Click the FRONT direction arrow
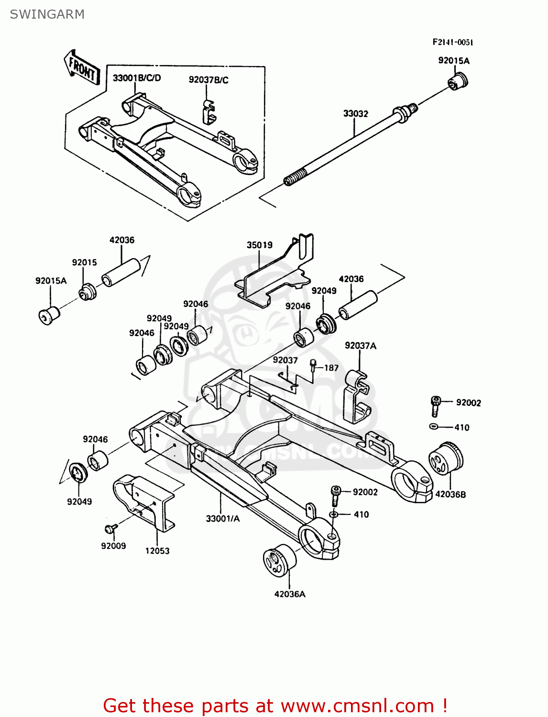82,68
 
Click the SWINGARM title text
47,14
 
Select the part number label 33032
355,114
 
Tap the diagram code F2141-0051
452,42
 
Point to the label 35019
259,245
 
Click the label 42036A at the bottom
289,594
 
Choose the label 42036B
450,494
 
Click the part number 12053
157,551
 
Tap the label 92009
113,546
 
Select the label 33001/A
222,519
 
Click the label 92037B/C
208,80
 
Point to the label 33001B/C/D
137,78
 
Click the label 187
331,368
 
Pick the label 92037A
360,346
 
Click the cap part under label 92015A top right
458,81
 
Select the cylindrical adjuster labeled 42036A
279,559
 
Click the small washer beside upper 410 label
434,426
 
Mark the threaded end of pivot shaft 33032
293,178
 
